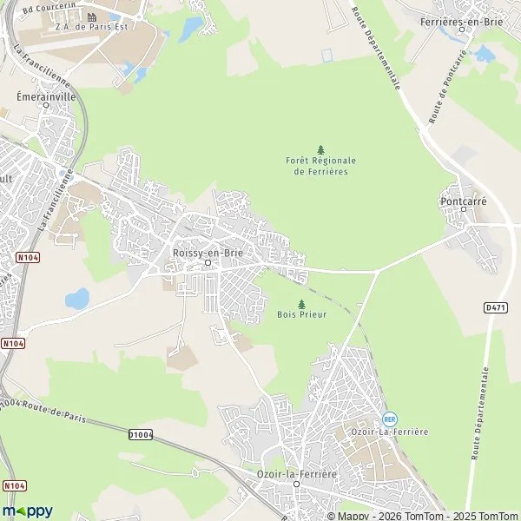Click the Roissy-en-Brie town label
tap(207, 252)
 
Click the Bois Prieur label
tap(301, 314)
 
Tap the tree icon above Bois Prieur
tap(301, 304)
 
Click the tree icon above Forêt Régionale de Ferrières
tap(320, 149)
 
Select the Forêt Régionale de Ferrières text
tap(320, 166)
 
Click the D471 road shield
tap(495, 307)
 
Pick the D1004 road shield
tap(140, 434)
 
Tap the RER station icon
tap(389, 419)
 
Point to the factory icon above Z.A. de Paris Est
tap(90, 16)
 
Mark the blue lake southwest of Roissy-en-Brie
tap(77, 299)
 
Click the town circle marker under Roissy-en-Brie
tap(207, 262)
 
